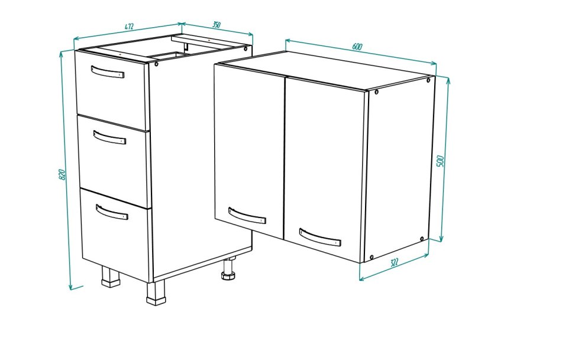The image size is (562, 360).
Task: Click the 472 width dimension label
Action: click(x=130, y=27)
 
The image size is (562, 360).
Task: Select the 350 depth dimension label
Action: click(x=216, y=25)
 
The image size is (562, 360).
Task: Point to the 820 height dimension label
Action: click(x=62, y=174)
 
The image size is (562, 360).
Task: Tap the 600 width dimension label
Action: click(x=357, y=47)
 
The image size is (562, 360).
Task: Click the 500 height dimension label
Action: click(x=441, y=161)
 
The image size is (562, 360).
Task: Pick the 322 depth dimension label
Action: click(x=394, y=262)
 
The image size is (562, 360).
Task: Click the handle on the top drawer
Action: click(x=108, y=72)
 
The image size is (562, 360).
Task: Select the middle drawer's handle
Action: click(x=109, y=137)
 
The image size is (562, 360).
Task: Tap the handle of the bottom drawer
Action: click(x=112, y=212)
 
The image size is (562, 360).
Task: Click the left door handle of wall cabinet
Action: click(x=247, y=215)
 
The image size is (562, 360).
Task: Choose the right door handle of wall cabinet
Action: click(x=319, y=238)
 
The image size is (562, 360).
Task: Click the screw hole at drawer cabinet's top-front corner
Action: click(x=157, y=64)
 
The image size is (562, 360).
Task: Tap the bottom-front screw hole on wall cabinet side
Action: click(x=372, y=257)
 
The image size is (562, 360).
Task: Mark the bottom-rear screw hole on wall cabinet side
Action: click(x=422, y=239)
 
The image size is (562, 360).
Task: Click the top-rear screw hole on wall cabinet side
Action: click(x=428, y=80)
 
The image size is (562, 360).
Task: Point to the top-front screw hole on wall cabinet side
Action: click(x=376, y=92)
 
